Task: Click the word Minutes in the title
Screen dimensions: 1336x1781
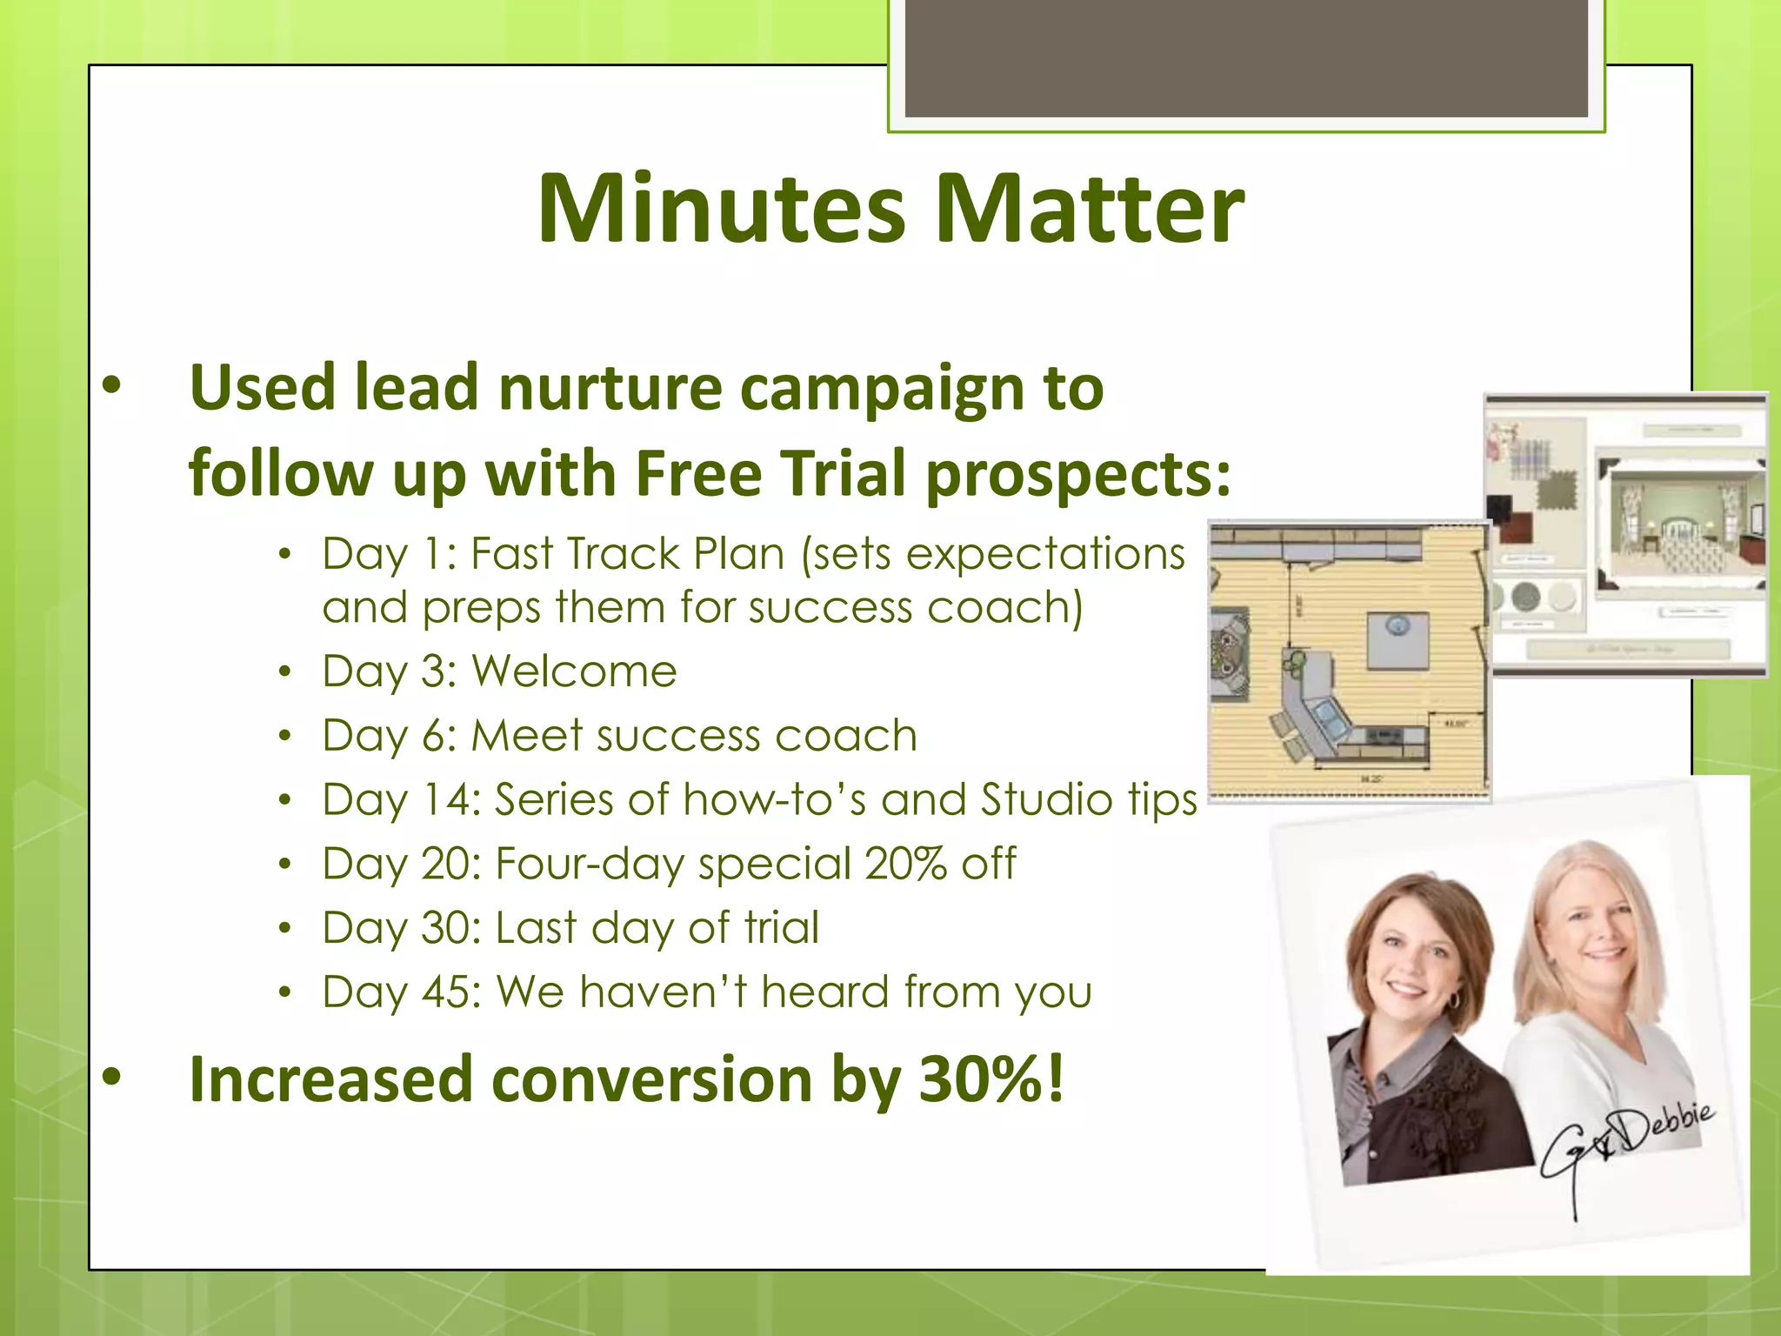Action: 722,209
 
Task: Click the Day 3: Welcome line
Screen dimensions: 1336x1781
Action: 499,671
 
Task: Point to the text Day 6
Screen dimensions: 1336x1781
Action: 387,736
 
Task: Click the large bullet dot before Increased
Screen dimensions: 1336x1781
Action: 111,1077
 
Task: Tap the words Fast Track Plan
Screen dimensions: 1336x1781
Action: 627,554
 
